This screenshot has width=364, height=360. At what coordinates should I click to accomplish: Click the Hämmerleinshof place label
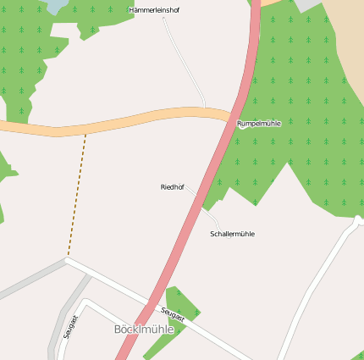click(x=154, y=10)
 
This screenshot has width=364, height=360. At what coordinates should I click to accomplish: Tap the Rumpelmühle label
click(x=258, y=124)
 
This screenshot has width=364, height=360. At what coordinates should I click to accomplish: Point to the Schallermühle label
click(x=232, y=234)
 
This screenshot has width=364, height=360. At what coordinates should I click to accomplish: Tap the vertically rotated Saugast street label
click(x=70, y=327)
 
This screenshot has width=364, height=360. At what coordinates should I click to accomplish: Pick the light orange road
click(x=127, y=122)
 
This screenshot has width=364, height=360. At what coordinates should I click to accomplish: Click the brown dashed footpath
click(x=77, y=195)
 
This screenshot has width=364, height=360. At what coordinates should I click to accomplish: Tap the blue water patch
click(x=56, y=6)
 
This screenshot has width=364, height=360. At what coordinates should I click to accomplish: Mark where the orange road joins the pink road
click(x=233, y=116)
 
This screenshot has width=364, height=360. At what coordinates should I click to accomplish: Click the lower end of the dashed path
click(x=68, y=257)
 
